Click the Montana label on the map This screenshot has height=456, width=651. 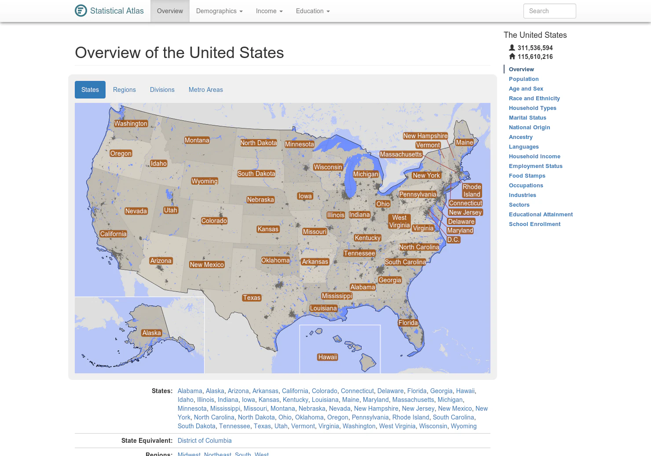tap(197, 140)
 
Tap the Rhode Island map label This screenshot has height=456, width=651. tap(472, 190)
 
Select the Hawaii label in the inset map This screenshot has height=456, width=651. tap(328, 357)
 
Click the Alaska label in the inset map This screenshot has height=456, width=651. tap(151, 333)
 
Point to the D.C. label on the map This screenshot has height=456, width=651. tap(453, 240)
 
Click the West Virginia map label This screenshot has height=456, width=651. tap(399, 221)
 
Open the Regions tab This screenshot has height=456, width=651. tap(124, 90)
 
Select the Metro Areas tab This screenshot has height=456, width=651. tap(205, 90)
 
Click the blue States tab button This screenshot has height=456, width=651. tap(90, 90)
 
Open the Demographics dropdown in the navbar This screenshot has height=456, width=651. tap(219, 11)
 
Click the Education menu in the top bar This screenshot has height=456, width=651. tap(313, 11)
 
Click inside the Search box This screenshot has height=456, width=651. tap(549, 11)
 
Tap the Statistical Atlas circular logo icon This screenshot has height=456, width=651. tap(81, 11)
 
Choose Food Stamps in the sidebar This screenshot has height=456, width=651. tap(527, 176)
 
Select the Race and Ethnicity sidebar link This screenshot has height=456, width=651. tap(534, 98)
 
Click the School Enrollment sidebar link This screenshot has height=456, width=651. tap(534, 224)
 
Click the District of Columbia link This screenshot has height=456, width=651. tap(205, 441)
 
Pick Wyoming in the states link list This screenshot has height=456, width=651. tap(464, 426)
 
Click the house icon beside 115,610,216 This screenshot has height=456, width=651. tap(512, 57)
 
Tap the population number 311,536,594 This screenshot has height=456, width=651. tap(535, 48)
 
